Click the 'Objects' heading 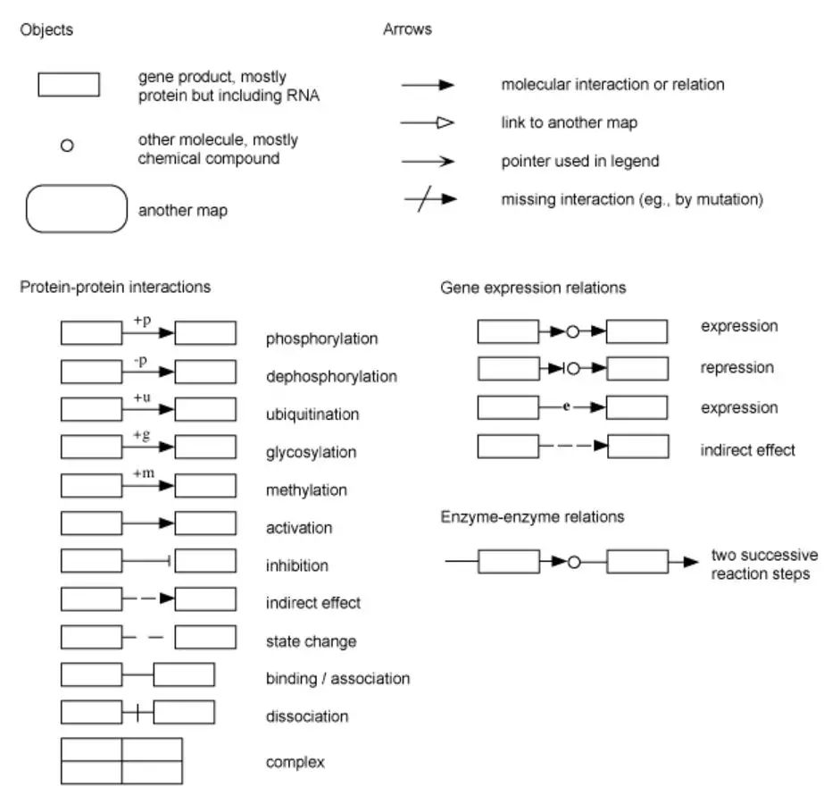tap(46, 29)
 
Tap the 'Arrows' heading tap(407, 29)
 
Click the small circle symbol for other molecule tap(67, 145)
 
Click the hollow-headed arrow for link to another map tap(427, 122)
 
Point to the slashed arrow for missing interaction tap(430, 199)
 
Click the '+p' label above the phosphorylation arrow tap(142, 320)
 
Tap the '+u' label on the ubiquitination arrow tap(142, 397)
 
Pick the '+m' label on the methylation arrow tap(144, 473)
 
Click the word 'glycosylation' tap(311, 453)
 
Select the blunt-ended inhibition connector tap(146, 561)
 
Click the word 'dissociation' tap(307, 716)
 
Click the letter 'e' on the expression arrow tap(567, 406)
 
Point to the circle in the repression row tap(573, 368)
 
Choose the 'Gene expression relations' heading tap(533, 288)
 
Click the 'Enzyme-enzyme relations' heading tap(532, 516)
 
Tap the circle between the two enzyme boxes tap(574, 562)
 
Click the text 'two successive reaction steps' tap(764, 565)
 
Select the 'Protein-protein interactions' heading tap(115, 288)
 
